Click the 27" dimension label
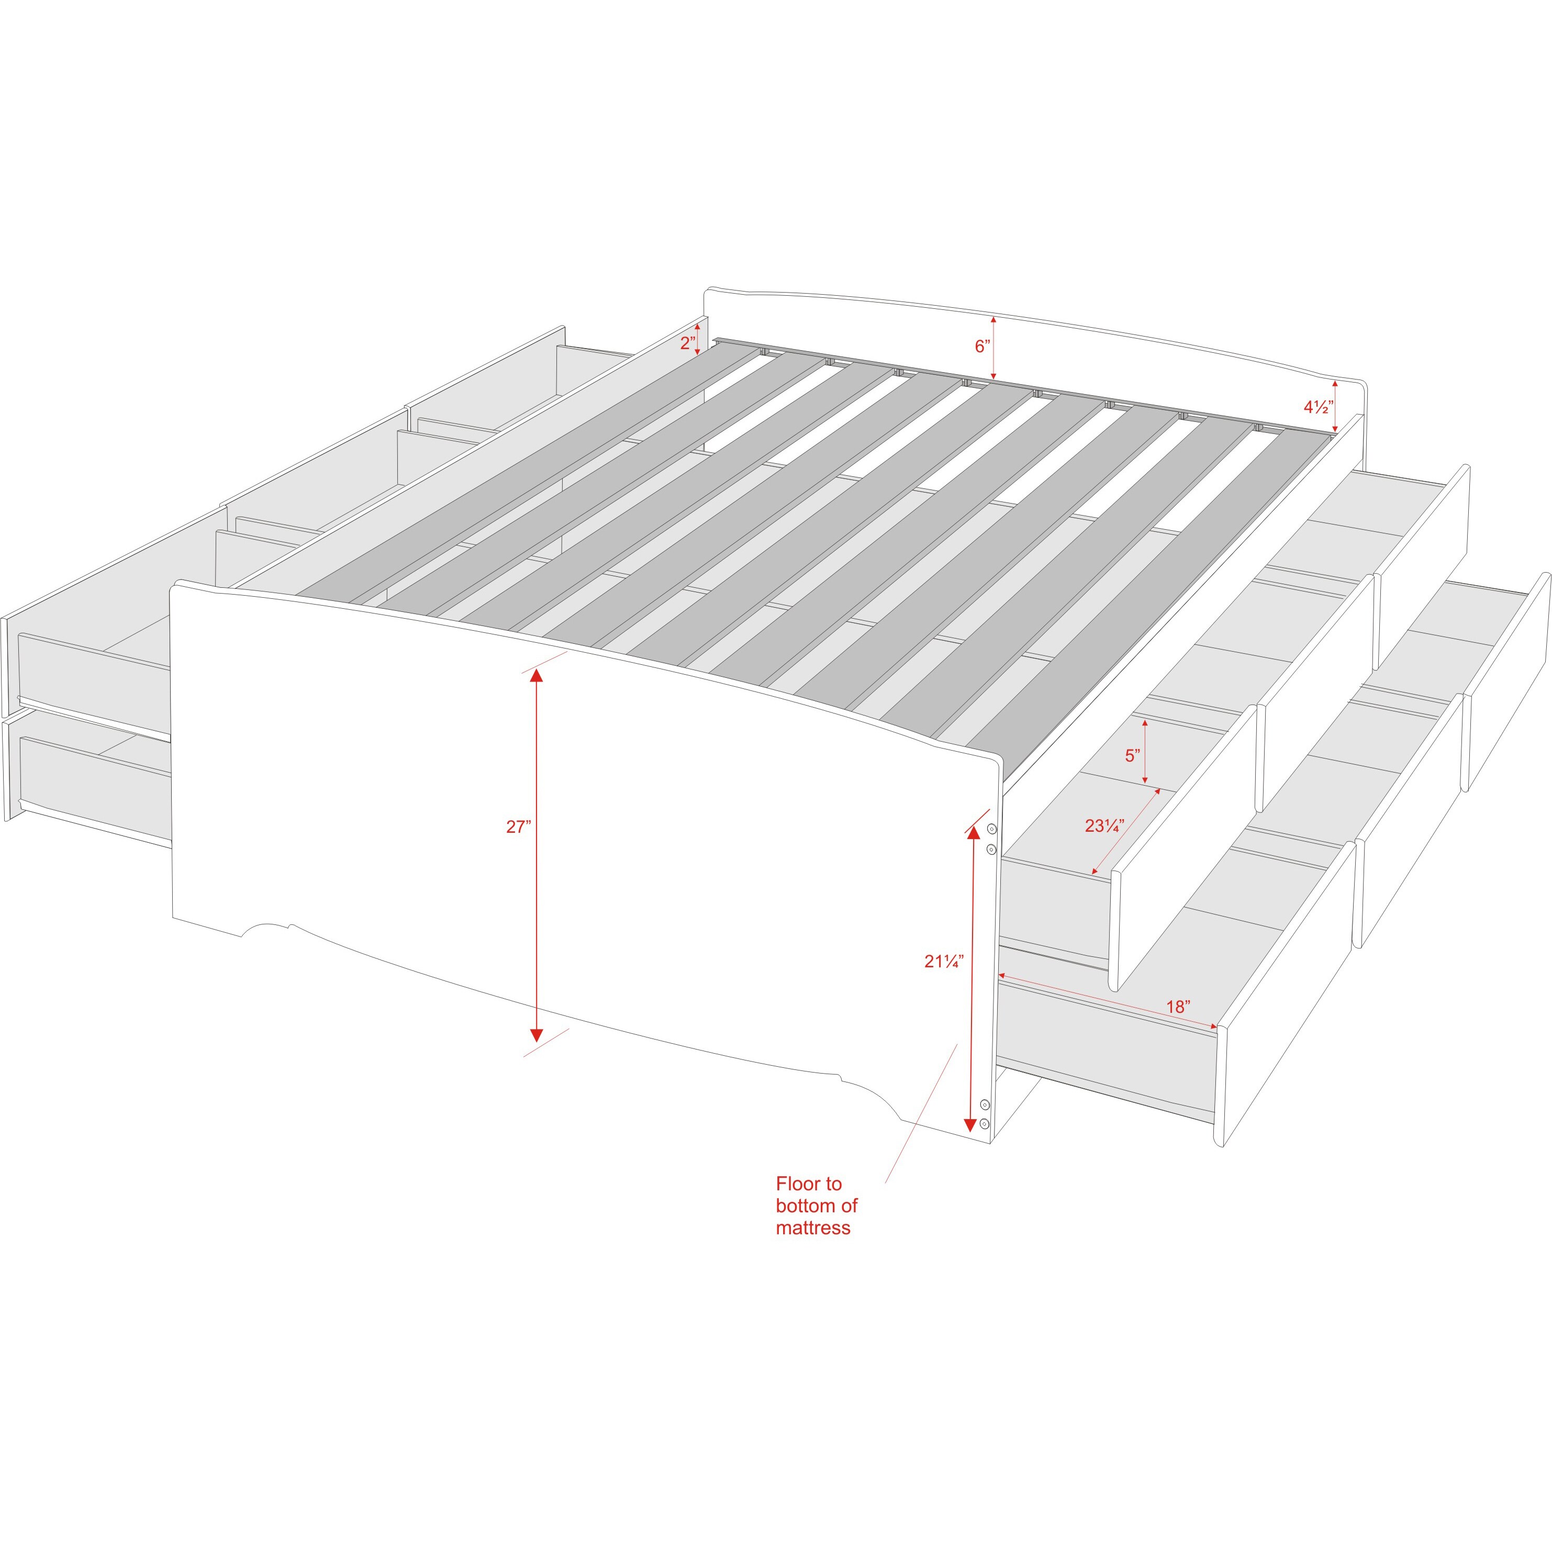pyautogui.click(x=518, y=827)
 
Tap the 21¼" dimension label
pyautogui.click(x=943, y=961)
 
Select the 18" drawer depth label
pyautogui.click(x=1178, y=1007)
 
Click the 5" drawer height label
pyautogui.click(x=1132, y=756)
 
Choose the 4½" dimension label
pyautogui.click(x=1318, y=407)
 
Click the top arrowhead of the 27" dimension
pyautogui.click(x=536, y=675)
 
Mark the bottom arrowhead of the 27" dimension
pyautogui.click(x=536, y=1035)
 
